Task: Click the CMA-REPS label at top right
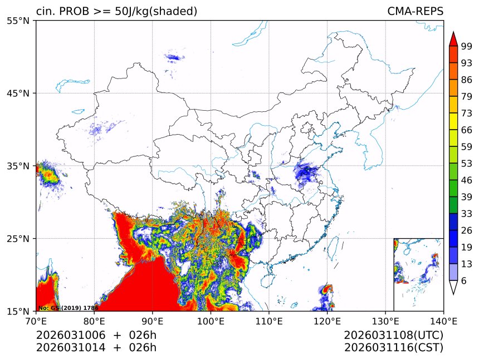click(x=415, y=12)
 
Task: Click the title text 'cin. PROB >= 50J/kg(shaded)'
click(x=116, y=12)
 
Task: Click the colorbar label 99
click(x=466, y=46)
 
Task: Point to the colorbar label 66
click(x=466, y=130)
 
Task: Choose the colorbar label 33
click(x=466, y=213)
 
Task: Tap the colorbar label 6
click(x=464, y=281)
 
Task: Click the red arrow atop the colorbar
click(x=453, y=38)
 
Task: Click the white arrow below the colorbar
click(x=453, y=288)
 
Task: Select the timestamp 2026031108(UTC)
click(x=393, y=336)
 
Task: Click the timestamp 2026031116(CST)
click(x=393, y=348)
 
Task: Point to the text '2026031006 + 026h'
click(x=96, y=336)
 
